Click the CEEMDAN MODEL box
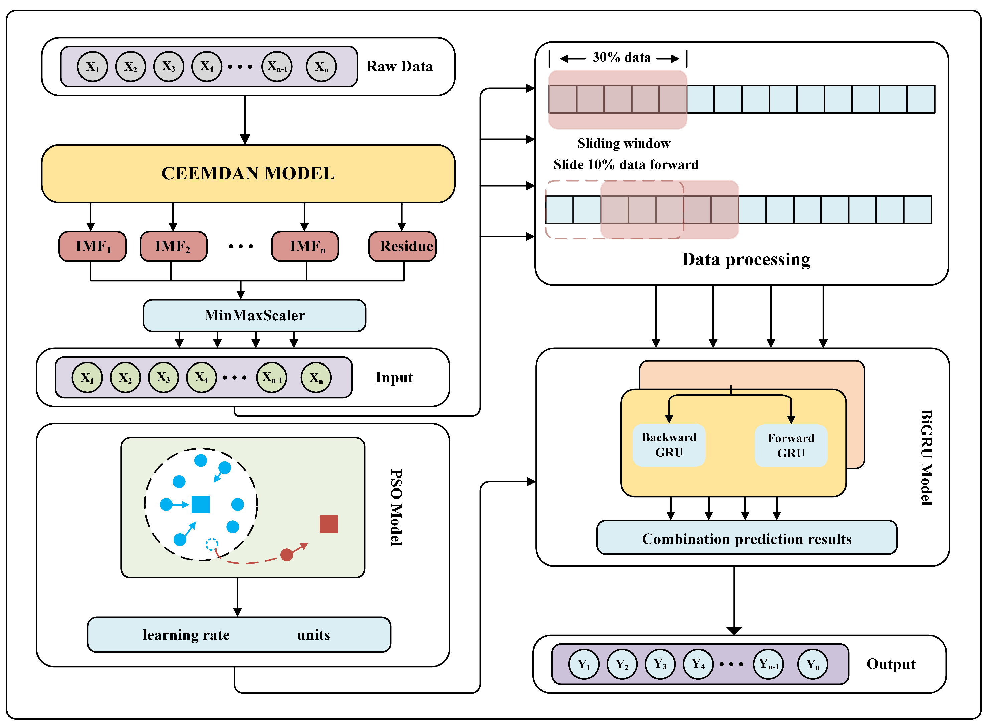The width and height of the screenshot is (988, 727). click(x=248, y=173)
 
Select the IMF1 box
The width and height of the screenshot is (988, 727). click(x=93, y=246)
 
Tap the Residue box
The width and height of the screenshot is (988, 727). click(x=402, y=246)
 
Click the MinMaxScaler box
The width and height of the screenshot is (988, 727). click(x=255, y=315)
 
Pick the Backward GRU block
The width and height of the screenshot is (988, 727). click(x=669, y=445)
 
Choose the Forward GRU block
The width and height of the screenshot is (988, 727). click(x=791, y=445)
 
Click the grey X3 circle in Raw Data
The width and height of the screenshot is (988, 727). click(x=169, y=67)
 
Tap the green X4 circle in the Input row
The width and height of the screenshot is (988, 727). click(x=202, y=377)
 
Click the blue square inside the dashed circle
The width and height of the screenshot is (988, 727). click(x=201, y=504)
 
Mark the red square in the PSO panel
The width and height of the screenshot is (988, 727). click(x=328, y=524)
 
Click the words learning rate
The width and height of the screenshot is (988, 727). click(x=186, y=635)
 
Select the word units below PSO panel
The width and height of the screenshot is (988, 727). click(x=314, y=635)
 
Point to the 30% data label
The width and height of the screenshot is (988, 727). click(x=621, y=58)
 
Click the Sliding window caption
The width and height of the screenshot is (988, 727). click(x=624, y=144)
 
